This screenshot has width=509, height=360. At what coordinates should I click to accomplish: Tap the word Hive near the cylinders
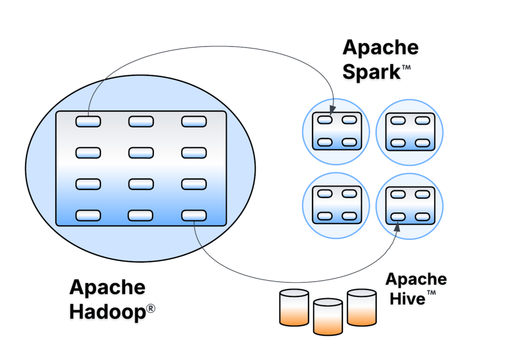(x=408, y=298)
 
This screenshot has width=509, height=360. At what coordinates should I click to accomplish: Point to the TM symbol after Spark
(x=406, y=68)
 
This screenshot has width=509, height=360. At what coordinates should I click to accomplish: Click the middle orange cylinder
(x=328, y=316)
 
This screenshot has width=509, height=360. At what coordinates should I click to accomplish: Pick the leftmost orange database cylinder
(x=294, y=308)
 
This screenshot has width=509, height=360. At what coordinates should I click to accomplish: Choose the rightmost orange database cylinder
(x=362, y=307)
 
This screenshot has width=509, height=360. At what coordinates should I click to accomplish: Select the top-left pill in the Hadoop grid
(x=88, y=121)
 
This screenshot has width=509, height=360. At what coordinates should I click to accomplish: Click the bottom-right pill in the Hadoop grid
(x=194, y=215)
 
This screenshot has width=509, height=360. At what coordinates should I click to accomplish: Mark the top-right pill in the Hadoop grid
(x=194, y=121)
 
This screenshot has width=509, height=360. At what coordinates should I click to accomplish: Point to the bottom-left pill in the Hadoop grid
(x=88, y=215)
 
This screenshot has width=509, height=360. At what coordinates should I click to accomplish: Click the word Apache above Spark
(x=381, y=48)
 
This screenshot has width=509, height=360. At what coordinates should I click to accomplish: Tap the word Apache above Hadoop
(x=107, y=287)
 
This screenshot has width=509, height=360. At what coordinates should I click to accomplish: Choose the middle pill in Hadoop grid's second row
(x=141, y=152)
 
